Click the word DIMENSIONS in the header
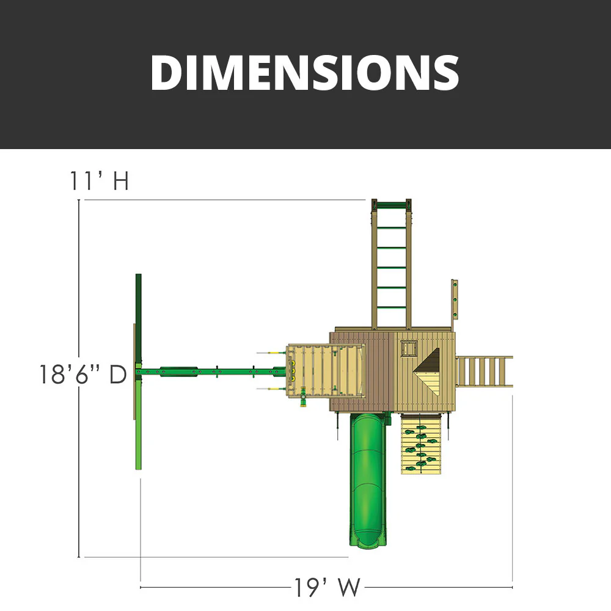point(305,73)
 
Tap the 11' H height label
point(98,182)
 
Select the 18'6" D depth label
point(82,374)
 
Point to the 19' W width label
point(326,588)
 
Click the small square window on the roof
point(408,349)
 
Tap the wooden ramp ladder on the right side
point(484,371)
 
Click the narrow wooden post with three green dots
point(455,299)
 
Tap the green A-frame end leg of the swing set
point(138,371)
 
